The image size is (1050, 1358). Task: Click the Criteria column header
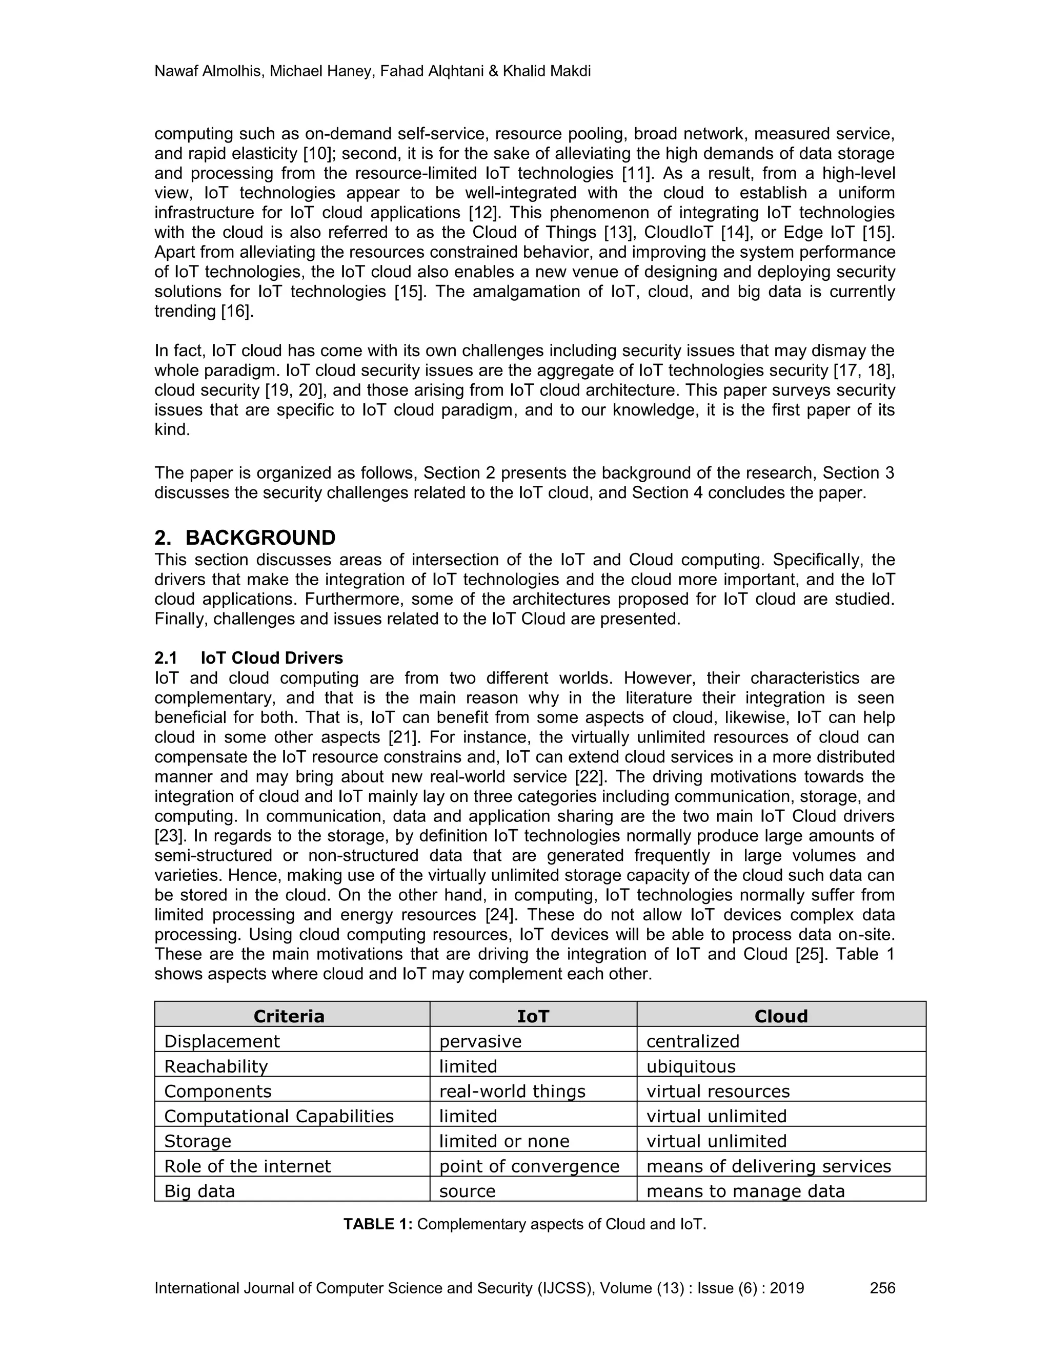(x=289, y=1016)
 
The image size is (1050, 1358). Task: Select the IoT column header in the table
(x=533, y=1016)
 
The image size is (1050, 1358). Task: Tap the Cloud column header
(x=781, y=1016)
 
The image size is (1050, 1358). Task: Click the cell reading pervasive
(x=480, y=1041)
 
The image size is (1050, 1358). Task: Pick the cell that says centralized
(x=692, y=1041)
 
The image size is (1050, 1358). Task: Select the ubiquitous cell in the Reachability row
(x=691, y=1066)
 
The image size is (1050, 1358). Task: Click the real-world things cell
(x=512, y=1091)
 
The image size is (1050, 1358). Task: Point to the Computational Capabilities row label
(x=279, y=1116)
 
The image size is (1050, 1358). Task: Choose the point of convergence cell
(x=529, y=1166)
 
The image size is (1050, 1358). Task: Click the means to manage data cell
(x=745, y=1191)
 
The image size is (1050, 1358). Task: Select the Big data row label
(x=199, y=1191)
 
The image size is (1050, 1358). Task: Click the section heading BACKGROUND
(x=260, y=537)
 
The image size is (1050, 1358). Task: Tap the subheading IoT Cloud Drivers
(x=271, y=658)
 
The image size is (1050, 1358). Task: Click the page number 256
(x=882, y=1288)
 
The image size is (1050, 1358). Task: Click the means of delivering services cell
(x=768, y=1166)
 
